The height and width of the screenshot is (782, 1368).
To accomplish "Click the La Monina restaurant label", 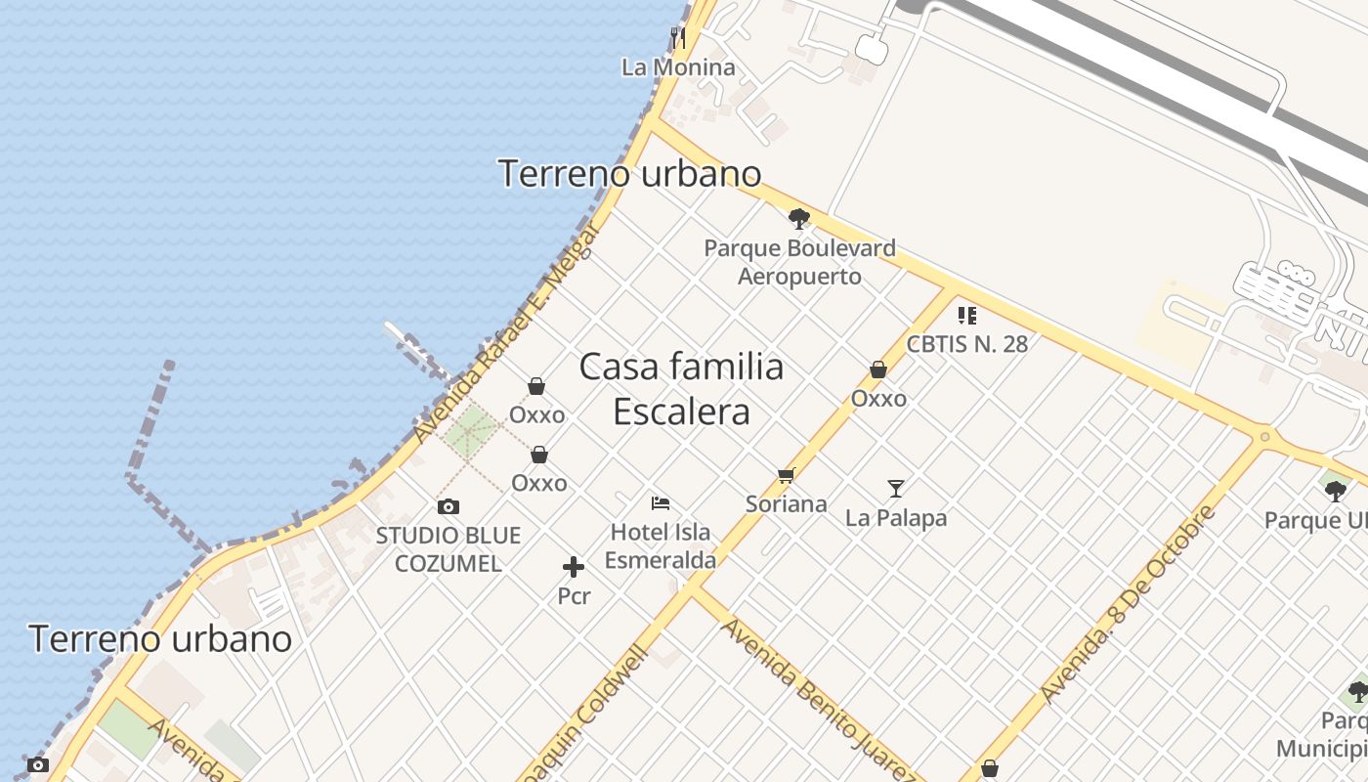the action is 678,67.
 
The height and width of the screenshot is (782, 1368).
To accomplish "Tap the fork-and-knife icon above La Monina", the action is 678,38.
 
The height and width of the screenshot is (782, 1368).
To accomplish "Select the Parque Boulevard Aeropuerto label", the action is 799,262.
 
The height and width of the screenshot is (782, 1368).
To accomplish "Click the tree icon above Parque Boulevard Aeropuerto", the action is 799,219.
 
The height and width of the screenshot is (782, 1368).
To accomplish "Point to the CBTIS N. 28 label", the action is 966,344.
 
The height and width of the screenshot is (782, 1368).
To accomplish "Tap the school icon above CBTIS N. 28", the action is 966,315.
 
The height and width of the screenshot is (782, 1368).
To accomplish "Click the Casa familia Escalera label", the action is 681,388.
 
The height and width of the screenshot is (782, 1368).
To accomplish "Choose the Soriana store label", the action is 786,504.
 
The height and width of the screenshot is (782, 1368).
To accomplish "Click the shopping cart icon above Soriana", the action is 786,476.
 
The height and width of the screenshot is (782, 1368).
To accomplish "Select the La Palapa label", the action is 896,517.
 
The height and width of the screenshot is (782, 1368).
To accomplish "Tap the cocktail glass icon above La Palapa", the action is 896,488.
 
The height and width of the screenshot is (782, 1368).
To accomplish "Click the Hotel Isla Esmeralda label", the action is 661,546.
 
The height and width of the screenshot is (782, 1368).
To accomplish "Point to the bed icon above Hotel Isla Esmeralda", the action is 661,503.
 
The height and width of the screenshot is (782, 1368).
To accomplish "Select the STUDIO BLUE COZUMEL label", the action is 449,549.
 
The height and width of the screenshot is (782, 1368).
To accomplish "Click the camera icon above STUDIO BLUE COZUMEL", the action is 449,506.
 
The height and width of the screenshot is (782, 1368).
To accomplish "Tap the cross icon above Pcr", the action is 574,567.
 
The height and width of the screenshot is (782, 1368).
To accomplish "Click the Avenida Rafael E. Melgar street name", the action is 505,332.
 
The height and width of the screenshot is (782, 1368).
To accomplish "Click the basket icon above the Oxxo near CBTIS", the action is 877,369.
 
